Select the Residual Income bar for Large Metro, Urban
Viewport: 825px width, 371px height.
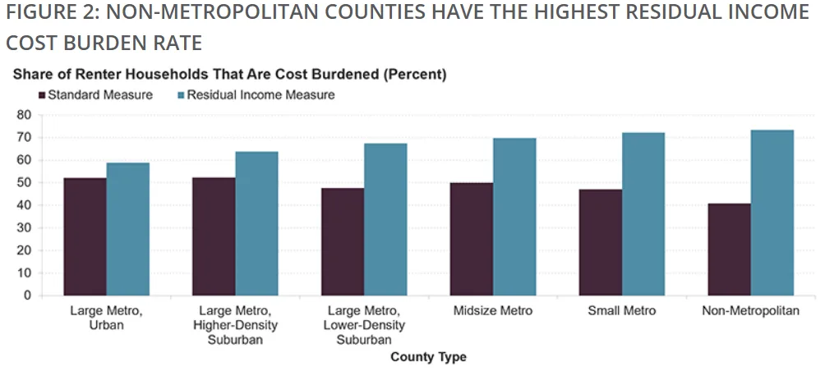point(127,229)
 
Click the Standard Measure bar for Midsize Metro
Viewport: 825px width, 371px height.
point(472,239)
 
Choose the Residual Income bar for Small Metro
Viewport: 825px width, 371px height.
point(643,214)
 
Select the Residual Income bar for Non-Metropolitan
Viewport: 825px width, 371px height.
point(772,213)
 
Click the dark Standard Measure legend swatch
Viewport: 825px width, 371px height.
point(42,95)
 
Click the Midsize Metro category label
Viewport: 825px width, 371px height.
point(493,311)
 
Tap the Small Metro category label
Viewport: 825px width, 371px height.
point(622,311)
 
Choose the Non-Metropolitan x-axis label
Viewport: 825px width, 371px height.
point(751,311)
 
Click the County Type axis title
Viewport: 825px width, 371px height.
point(428,357)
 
